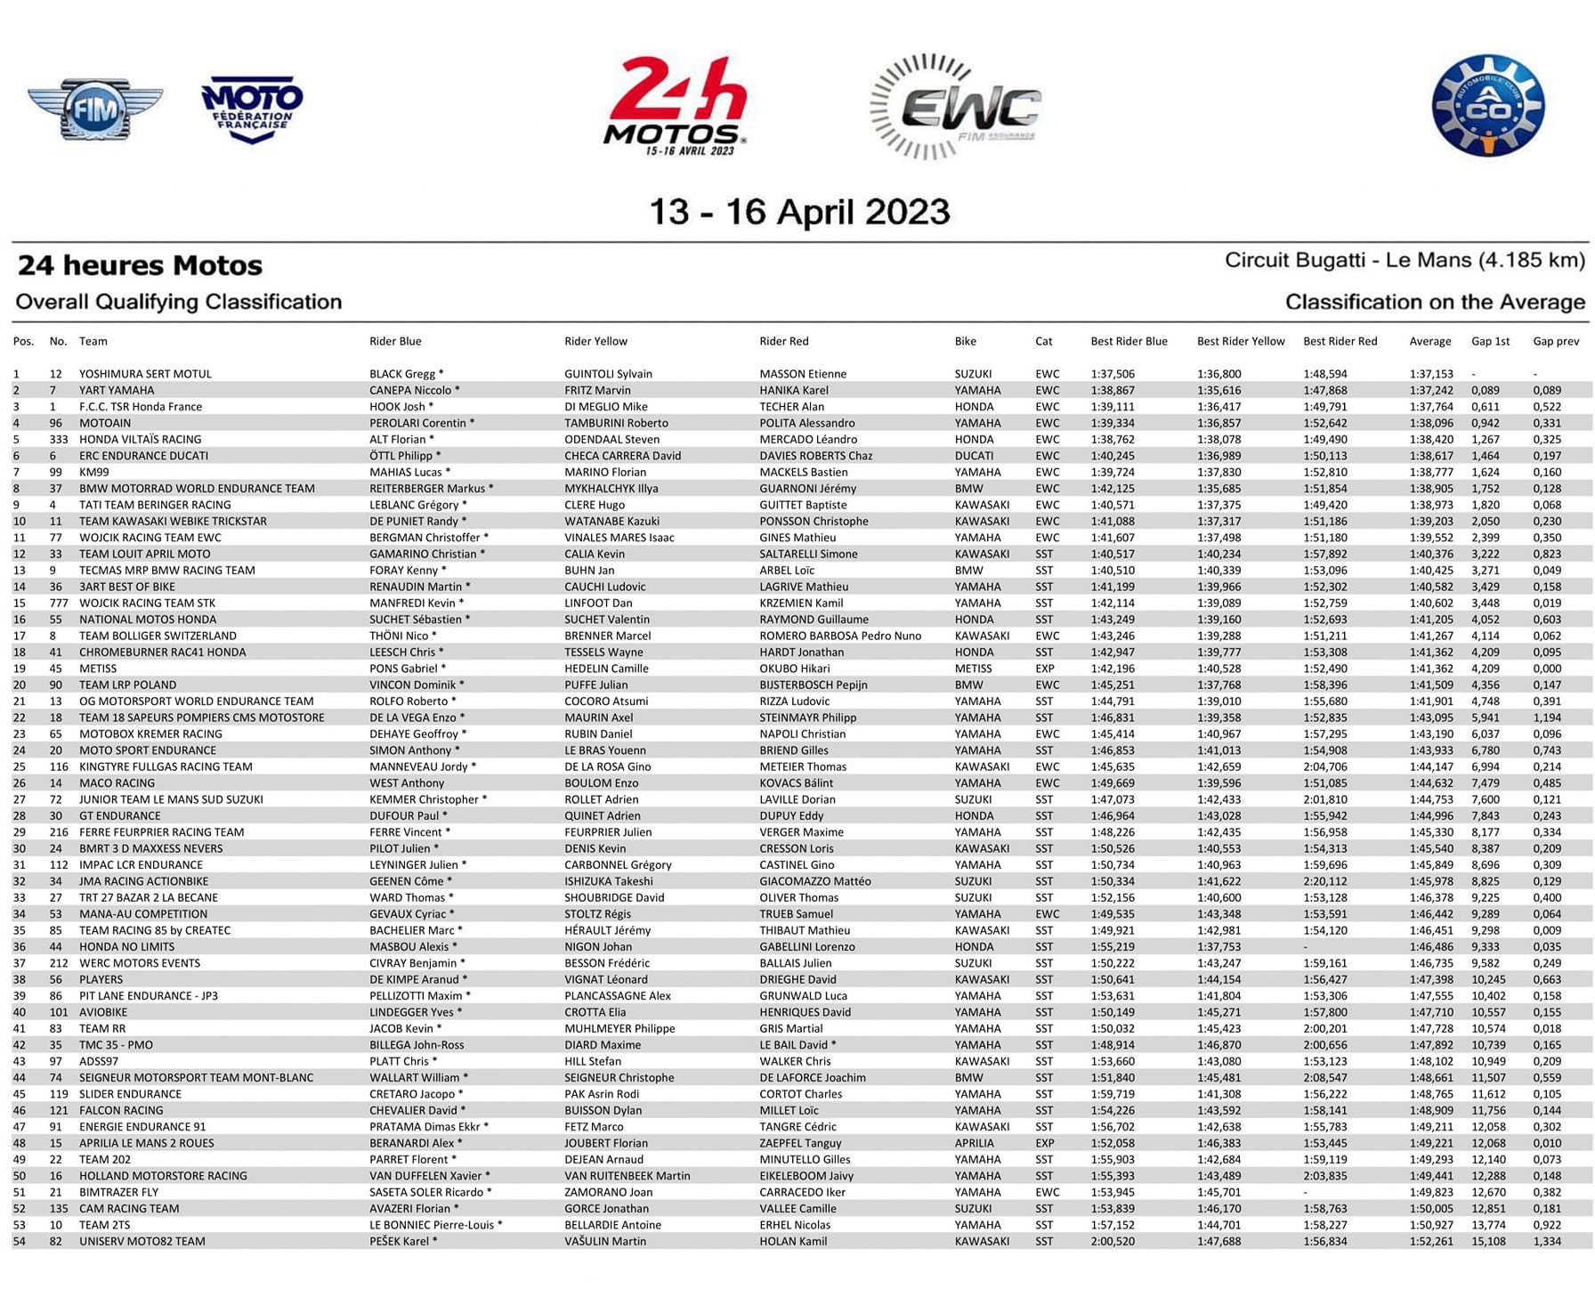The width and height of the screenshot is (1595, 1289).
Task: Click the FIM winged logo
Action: pos(94,109)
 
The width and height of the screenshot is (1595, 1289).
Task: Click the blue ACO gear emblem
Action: pos(1487,106)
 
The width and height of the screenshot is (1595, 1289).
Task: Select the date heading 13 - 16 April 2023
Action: pos(798,212)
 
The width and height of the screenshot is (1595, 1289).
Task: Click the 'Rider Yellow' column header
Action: pos(595,341)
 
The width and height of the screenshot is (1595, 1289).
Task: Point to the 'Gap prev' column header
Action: pos(1555,341)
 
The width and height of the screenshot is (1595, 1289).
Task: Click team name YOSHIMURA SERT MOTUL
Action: pos(145,374)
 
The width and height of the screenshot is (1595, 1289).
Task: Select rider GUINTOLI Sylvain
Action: pos(608,374)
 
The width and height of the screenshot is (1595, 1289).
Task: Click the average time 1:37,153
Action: pos(1430,374)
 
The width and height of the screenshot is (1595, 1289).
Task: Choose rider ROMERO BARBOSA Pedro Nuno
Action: pos(840,636)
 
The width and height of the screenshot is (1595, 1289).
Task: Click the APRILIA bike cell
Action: pos(974,1143)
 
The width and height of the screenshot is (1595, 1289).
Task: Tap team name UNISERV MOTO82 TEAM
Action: pos(142,1241)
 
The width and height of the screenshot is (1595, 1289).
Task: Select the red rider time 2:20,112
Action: pos(1324,881)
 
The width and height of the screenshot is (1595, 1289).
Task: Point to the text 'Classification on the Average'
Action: pos(1435,302)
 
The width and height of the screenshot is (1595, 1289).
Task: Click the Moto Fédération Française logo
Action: pos(252,109)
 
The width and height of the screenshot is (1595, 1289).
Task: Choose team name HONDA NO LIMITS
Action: pos(126,946)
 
